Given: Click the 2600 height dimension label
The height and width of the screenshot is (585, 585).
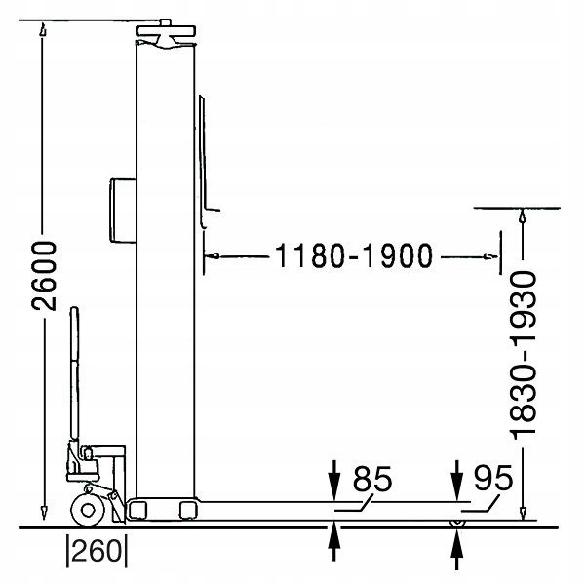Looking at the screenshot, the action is (x=44, y=276).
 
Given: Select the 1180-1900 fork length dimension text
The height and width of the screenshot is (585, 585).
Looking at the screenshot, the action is (x=354, y=255).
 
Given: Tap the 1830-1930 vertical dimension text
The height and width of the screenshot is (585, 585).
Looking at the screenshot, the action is (x=523, y=355).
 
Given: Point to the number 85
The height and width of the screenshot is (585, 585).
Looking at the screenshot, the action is (x=372, y=479).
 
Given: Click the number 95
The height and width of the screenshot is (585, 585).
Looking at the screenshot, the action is (x=493, y=478).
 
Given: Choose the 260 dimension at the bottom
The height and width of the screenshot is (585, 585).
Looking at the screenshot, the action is (x=97, y=551).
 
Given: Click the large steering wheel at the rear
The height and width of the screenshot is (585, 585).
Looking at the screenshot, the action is (x=88, y=510).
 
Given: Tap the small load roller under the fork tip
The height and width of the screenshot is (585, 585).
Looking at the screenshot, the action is (x=456, y=523).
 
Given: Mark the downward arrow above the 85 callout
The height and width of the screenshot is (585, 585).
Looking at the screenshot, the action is (x=334, y=480).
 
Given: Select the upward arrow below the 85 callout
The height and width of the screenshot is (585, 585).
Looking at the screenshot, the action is (x=334, y=541).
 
